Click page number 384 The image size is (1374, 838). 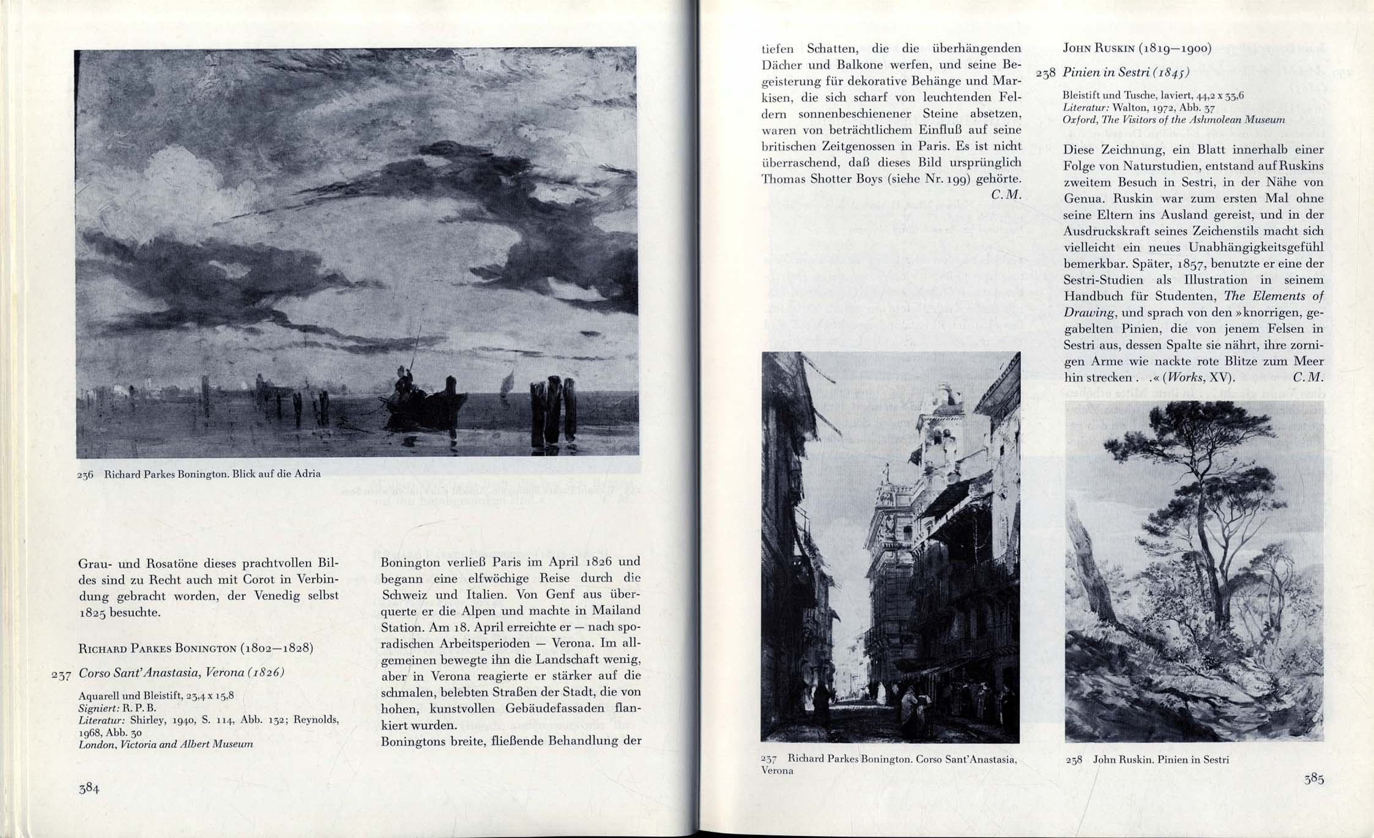89,788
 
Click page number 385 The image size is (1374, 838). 1313,779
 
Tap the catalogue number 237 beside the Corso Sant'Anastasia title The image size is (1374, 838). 61,675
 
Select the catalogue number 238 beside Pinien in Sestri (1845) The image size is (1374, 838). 1045,73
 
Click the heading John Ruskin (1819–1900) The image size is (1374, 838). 1137,48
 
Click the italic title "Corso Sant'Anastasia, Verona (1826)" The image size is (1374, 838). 182,672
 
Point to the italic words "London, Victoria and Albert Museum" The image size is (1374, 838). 166,744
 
